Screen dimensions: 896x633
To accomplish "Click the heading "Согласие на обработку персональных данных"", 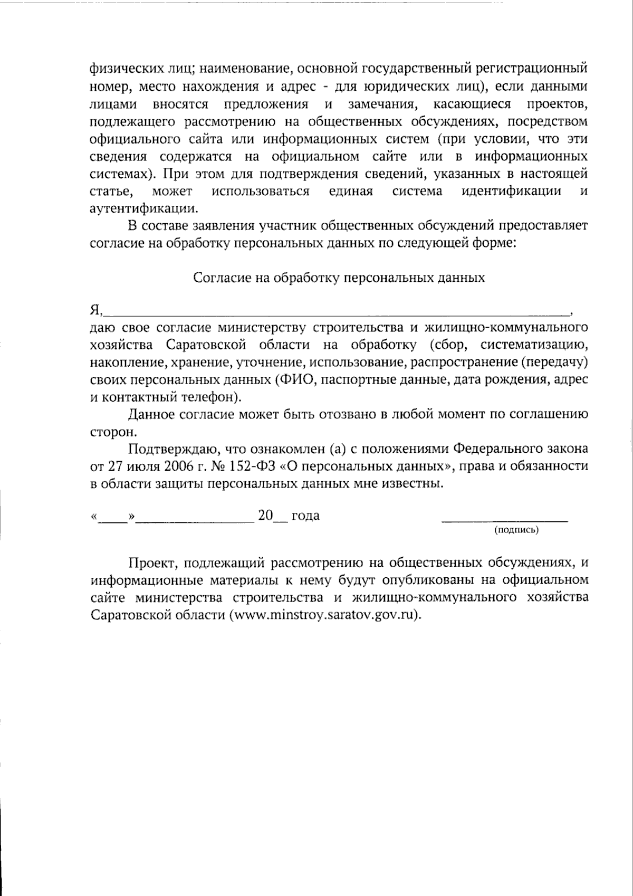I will (x=339, y=278).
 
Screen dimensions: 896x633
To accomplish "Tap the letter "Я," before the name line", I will (x=95, y=309).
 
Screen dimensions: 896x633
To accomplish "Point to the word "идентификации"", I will (x=511, y=190).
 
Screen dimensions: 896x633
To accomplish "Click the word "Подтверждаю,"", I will (x=174, y=449).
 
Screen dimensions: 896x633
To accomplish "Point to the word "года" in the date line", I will (x=305, y=516).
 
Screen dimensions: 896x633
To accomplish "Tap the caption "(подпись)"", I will (x=516, y=530).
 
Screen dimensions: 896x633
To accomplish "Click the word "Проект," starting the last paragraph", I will (x=152, y=563).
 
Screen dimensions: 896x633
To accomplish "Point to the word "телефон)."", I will (x=201, y=397).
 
